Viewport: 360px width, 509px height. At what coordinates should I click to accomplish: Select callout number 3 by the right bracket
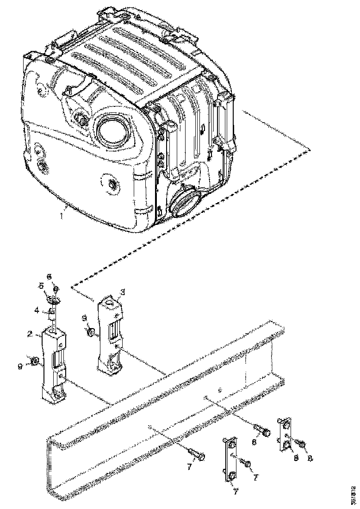pyautogui.click(x=123, y=292)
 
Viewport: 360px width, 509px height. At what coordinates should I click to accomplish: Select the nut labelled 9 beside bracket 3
pyautogui.click(x=91, y=332)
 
